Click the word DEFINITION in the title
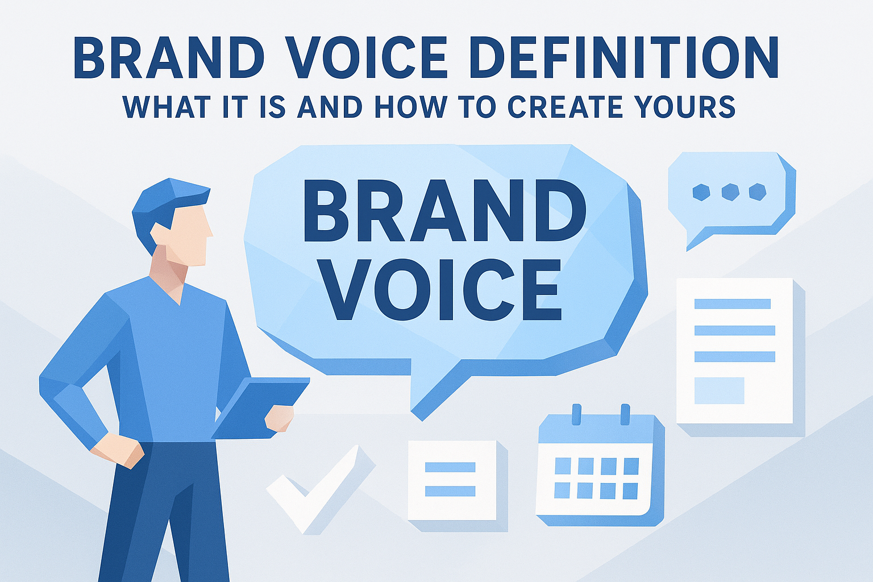click(623, 58)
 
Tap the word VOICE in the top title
click(364, 58)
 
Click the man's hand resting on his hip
click(117, 450)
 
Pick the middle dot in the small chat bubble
click(730, 192)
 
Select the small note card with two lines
click(452, 480)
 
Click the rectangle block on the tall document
click(719, 390)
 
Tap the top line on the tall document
click(733, 304)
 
